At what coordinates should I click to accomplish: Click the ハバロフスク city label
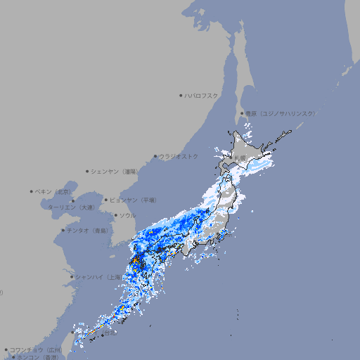tap(202, 95)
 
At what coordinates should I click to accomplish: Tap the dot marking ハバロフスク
tap(181, 95)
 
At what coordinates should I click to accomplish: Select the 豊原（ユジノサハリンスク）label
tap(280, 113)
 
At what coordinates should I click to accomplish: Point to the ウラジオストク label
tap(179, 156)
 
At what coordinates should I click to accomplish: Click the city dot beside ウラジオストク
tap(155, 156)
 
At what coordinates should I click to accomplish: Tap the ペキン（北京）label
tap(53, 191)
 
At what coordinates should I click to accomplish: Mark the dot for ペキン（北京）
tap(32, 191)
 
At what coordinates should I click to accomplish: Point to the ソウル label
tap(127, 215)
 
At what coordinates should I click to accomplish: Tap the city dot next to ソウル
tap(115, 215)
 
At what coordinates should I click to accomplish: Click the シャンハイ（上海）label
tap(97, 276)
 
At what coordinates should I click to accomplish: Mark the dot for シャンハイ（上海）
tap(72, 276)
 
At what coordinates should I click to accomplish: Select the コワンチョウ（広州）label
tap(36, 349)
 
